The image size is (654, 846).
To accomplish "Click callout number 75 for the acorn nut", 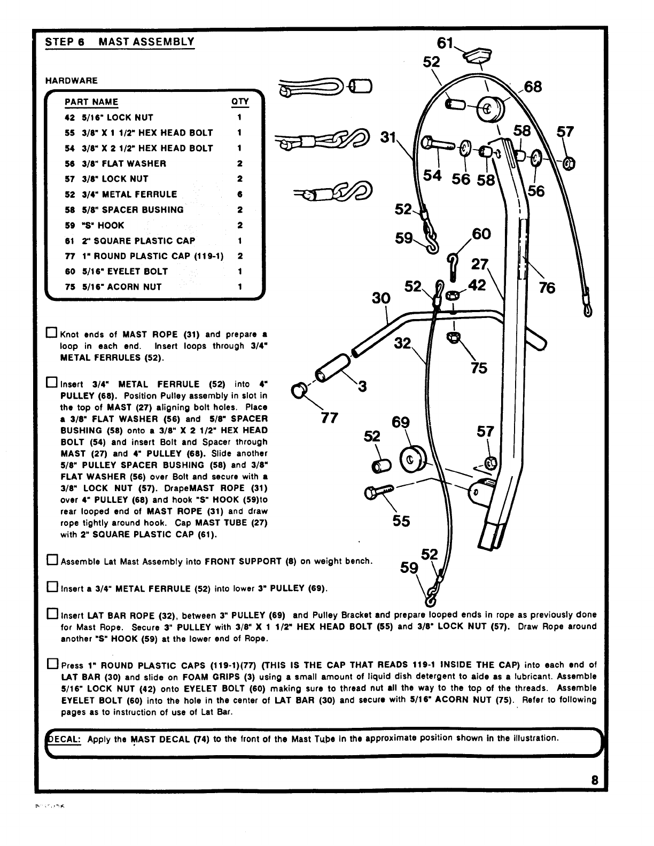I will tap(479, 368).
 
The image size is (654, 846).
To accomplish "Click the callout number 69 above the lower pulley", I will tap(401, 423).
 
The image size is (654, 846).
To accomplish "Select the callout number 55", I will tap(401, 520).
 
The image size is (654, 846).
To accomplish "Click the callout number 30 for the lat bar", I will tap(381, 298).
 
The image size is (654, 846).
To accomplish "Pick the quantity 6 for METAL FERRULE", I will tap(240, 195).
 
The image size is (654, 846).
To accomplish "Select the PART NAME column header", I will tap(91, 102).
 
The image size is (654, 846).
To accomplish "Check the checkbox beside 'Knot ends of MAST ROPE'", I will tap(52, 334).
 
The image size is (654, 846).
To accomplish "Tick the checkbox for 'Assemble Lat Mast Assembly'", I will tap(52, 561).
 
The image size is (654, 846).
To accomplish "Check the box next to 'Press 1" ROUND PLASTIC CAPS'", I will tap(52, 665).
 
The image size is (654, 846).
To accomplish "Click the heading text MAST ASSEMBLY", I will tap(146, 42).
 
